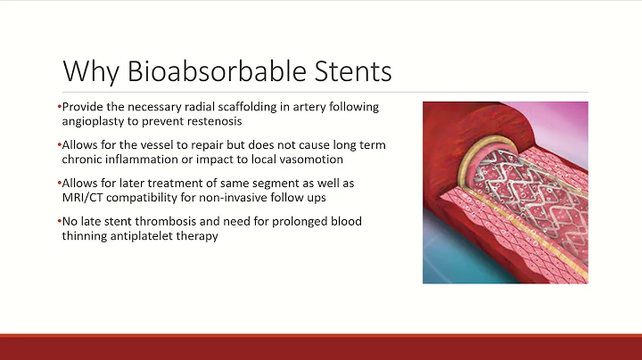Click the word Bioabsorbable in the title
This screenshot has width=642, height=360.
pos(218,70)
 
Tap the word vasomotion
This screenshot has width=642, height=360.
pos(306,158)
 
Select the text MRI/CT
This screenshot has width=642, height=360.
pos(83,196)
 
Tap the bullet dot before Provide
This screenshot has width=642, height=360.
pos(60,107)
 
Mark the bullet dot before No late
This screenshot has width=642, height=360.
pos(60,221)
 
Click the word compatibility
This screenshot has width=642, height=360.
pos(149,196)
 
